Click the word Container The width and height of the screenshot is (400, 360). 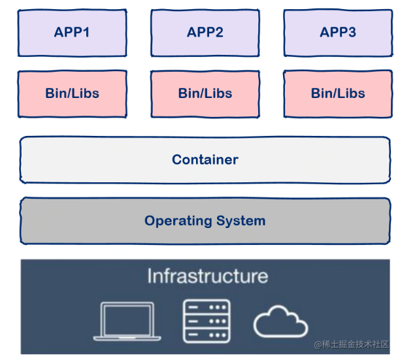pyautogui.click(x=205, y=159)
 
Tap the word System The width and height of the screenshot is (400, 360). pyautogui.click(x=242, y=220)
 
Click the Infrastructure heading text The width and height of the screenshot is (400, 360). pyautogui.click(x=207, y=276)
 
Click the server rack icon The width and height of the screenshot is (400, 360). pyautogui.click(x=206, y=321)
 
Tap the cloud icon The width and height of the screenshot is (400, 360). pyautogui.click(x=280, y=321)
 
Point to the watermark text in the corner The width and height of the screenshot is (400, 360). pyautogui.click(x=352, y=344)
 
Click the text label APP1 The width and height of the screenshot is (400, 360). pyautogui.click(x=72, y=32)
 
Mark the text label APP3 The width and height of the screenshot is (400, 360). pyautogui.click(x=338, y=32)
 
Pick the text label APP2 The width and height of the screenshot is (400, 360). pyautogui.click(x=205, y=32)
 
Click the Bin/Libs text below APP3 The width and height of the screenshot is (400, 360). pyautogui.click(x=338, y=93)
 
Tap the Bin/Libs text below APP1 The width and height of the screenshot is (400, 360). pyautogui.click(x=72, y=93)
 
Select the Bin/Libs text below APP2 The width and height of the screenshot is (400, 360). pyautogui.click(x=205, y=93)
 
